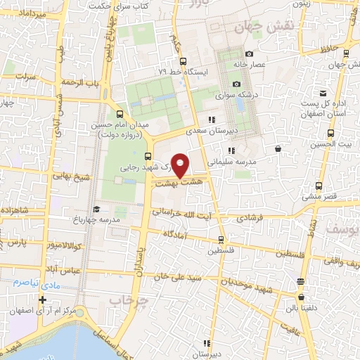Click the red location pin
click(x=181, y=165)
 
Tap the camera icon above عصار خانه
click(x=249, y=54)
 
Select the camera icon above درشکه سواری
click(x=236, y=84)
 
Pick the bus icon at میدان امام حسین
click(x=119, y=114)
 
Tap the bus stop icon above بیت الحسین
click(x=330, y=133)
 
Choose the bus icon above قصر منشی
click(x=319, y=186)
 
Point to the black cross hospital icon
click(x=43, y=300)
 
